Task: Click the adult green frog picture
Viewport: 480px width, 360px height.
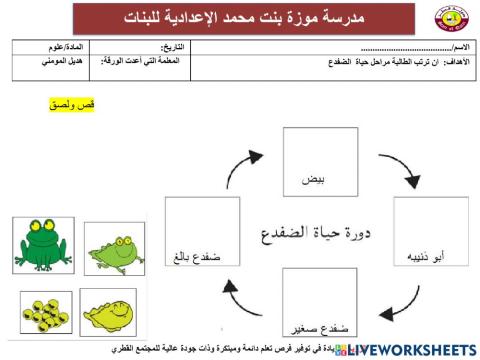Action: tap(42, 242)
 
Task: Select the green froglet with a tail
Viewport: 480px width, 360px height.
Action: tap(107, 245)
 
